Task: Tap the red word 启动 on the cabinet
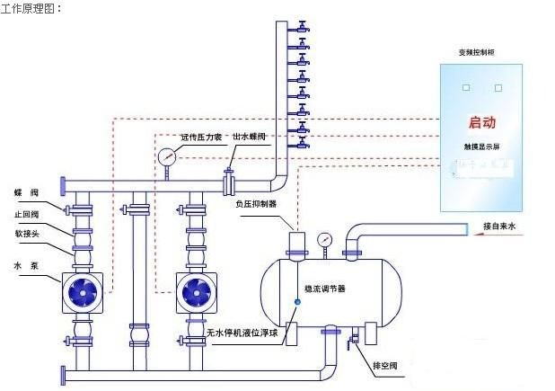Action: coord(482,122)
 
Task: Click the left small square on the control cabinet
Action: coord(465,87)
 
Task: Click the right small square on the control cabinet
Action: coord(500,87)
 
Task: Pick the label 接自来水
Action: coord(500,227)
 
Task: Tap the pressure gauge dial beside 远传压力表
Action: coord(168,156)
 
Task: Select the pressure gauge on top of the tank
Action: coord(324,240)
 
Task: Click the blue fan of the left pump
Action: coord(77,290)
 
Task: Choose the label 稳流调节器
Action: coord(324,289)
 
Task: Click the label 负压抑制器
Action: coord(255,204)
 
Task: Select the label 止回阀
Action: coord(26,214)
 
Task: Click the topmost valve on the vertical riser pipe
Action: coord(303,24)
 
